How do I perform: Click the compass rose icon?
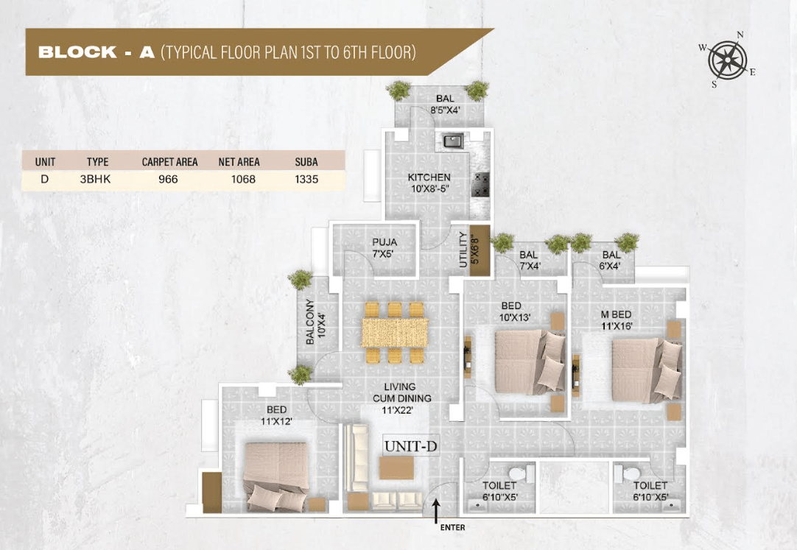click(727, 60)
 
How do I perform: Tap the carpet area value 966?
click(168, 179)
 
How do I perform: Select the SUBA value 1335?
click(306, 179)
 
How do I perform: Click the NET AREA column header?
click(239, 162)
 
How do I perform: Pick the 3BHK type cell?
click(95, 179)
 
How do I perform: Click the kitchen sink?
click(453, 141)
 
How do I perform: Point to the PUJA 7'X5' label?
click(385, 248)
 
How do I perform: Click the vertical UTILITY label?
click(463, 250)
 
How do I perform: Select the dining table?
click(394, 333)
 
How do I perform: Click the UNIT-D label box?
click(411, 446)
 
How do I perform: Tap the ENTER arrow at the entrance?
click(435, 511)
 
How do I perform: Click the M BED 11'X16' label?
click(617, 320)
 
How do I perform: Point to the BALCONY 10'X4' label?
click(315, 322)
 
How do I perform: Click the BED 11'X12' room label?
click(276, 415)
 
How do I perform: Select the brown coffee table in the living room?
click(396, 468)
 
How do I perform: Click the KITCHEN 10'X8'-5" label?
click(429, 183)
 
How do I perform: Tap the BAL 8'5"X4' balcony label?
click(445, 104)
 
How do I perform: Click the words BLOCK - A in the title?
click(96, 52)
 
